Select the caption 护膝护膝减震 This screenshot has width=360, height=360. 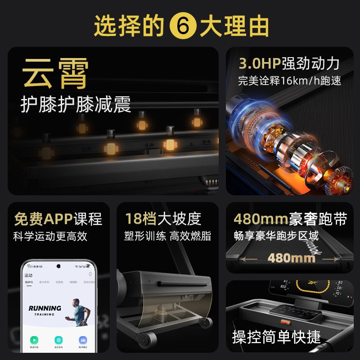76,105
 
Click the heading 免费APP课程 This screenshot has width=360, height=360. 58,219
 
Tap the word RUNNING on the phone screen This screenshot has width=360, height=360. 45,308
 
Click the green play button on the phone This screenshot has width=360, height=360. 34,340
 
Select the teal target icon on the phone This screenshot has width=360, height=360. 58,340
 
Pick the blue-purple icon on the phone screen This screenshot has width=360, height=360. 83,340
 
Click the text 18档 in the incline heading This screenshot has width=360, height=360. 135,219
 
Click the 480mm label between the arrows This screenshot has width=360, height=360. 291,258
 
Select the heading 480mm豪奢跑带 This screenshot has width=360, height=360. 290,219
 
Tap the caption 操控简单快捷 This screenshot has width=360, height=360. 276,337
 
